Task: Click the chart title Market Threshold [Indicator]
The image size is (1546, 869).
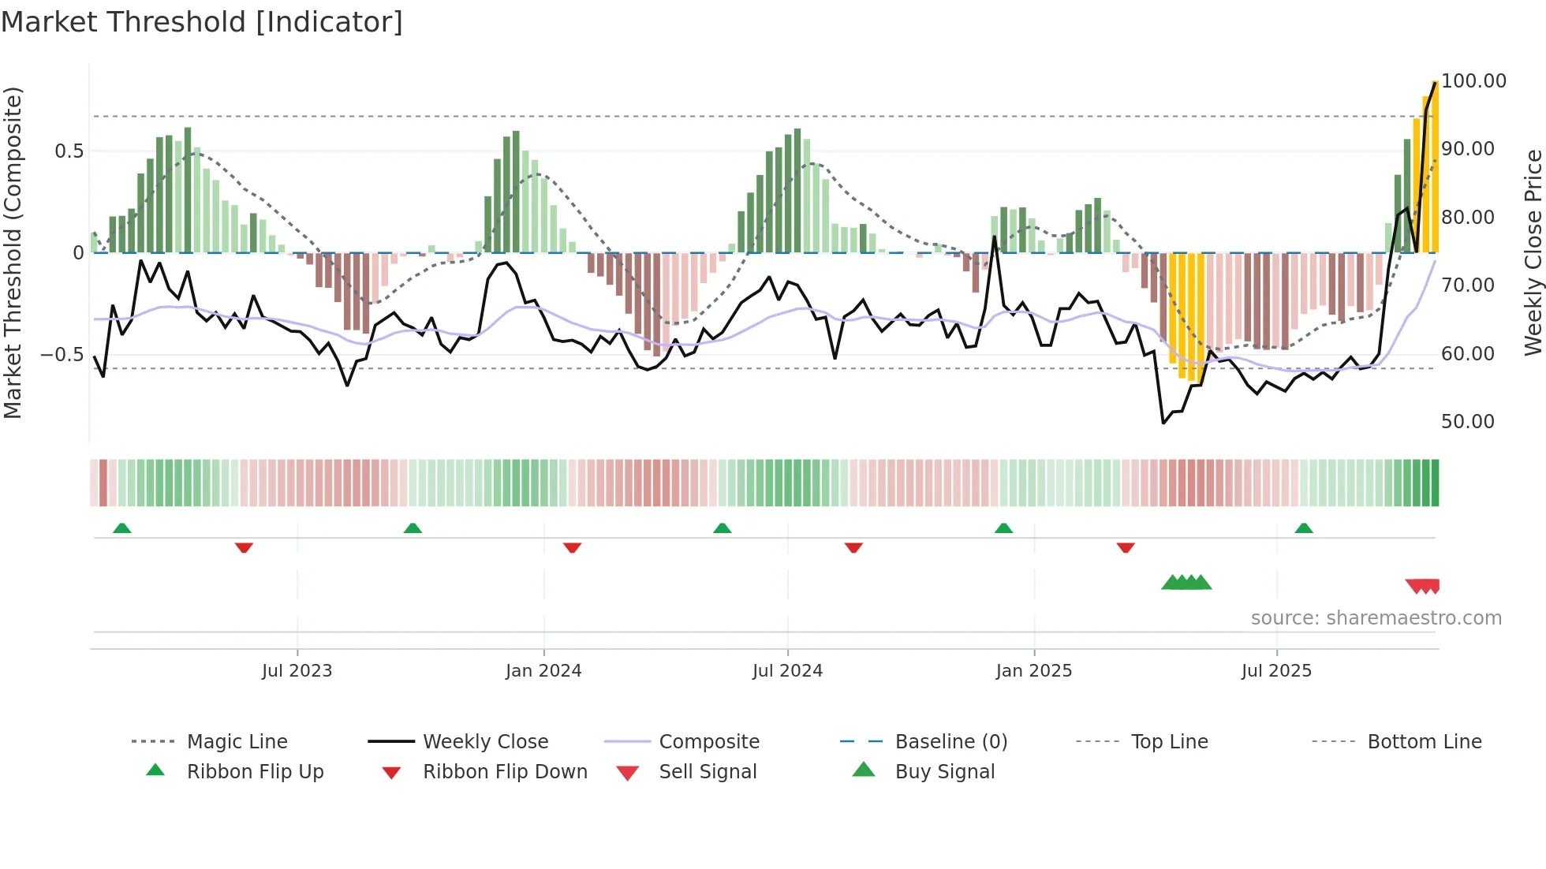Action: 202,22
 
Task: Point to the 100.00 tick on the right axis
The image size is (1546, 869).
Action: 1473,81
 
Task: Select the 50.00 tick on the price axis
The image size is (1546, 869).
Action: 1467,422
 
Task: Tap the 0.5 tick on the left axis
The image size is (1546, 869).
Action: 69,151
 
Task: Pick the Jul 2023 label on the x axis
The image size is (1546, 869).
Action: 297,671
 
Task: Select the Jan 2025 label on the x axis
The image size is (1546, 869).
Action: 1033,671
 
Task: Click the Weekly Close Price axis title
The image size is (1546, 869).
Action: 1533,252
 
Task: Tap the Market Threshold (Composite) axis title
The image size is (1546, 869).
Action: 13,252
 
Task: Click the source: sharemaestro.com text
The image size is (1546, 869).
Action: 1376,618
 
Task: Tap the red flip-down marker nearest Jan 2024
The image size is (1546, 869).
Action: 572,547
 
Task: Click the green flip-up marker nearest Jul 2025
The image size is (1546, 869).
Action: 1303,528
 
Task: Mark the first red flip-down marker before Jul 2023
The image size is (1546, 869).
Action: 244,547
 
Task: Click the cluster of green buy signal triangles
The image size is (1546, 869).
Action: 1186,583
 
